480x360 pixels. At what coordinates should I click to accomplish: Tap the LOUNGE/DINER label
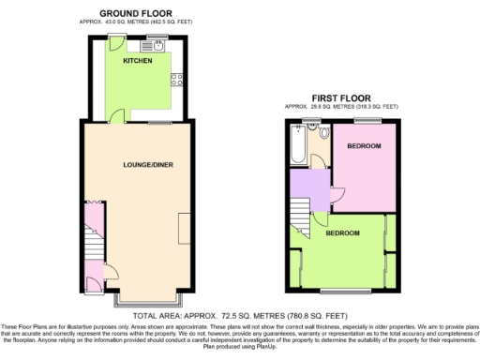tap(148, 165)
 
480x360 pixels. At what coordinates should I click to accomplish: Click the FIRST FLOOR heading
tap(342, 97)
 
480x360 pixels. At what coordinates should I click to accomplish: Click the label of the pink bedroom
tap(364, 147)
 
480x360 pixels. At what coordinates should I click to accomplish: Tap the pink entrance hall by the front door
tap(95, 278)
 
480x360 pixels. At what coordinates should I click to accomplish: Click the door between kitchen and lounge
tap(116, 117)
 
